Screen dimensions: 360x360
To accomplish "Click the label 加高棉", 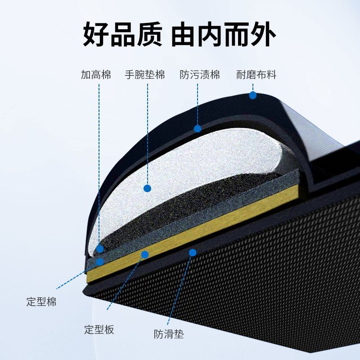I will click(96, 74).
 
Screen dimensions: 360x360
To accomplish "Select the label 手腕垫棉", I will click(145, 74).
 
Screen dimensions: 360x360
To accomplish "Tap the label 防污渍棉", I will click(200, 74).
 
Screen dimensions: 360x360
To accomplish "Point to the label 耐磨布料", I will click(256, 74).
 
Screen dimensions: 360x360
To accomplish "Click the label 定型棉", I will click(41, 301).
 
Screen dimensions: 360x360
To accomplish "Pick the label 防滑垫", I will click(169, 334).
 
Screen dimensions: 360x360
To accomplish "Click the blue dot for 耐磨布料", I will click(253, 95).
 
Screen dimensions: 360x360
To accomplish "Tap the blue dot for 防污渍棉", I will click(198, 129).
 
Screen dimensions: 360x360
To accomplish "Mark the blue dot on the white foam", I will click(147, 188).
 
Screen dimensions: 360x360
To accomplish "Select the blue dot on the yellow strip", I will click(145, 255).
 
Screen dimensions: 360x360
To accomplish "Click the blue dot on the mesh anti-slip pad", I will click(193, 252).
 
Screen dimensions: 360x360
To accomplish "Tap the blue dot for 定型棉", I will click(100, 261).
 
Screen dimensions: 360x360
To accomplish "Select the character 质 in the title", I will click(148, 34).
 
